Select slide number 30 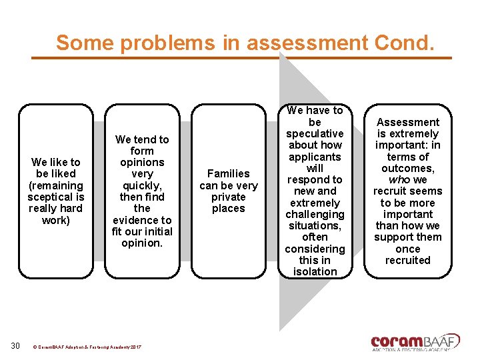pos(16,345)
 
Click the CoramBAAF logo pos(415,341)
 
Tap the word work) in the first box pos(56,220)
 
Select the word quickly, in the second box pos(142,185)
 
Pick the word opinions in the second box pos(142,162)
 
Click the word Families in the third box pos(229,173)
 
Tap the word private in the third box pos(229,197)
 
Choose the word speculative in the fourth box pos(315,133)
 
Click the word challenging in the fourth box pos(315,214)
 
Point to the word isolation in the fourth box pos(315,271)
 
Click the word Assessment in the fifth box pos(408,122)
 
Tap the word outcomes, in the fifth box pos(408,168)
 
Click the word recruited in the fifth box pos(408,260)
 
